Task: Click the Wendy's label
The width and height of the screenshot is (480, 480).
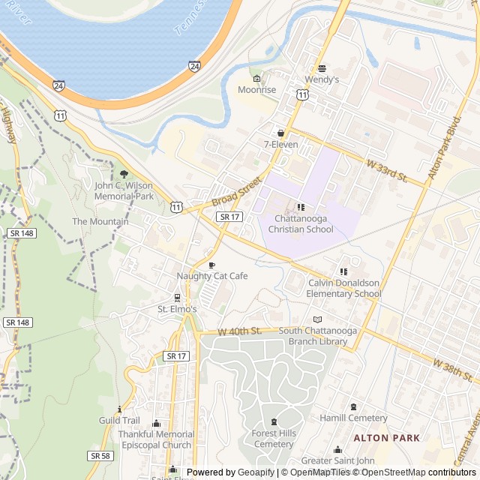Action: coord(322,79)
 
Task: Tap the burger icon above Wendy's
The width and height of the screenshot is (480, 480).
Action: coord(322,68)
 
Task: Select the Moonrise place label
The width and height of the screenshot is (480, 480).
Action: coord(257,90)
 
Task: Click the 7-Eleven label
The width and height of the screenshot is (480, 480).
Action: coord(281,144)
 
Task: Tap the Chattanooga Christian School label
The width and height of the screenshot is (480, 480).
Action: coord(301,223)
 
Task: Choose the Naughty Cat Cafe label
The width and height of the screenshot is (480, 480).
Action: coord(211,276)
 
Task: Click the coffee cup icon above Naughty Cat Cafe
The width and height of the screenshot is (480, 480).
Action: coord(211,265)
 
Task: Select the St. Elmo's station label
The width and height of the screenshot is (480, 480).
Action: coord(177,309)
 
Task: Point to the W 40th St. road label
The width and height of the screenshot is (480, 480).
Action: coord(239,331)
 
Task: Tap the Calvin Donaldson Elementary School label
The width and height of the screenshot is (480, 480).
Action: coord(344,288)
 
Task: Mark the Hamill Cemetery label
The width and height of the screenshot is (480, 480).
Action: coord(353,418)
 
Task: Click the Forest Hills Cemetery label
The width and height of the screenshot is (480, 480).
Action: coord(274,439)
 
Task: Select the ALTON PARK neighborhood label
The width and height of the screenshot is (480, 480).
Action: coord(386,437)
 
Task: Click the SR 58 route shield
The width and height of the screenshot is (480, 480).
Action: coord(100,455)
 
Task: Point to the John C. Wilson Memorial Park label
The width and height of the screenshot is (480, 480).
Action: coord(124,190)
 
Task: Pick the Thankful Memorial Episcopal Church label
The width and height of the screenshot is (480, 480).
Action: coord(155,439)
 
